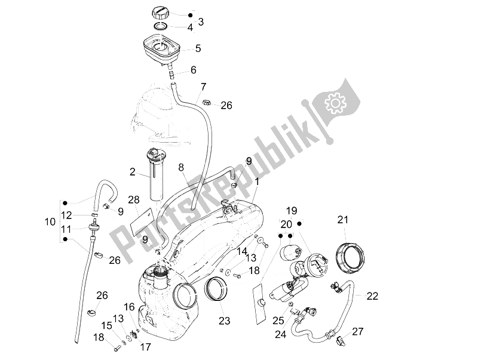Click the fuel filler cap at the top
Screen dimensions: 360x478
click(164, 12)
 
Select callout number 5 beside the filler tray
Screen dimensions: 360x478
click(198, 49)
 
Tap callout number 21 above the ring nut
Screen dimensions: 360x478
click(342, 220)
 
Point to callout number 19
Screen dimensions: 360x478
click(291, 210)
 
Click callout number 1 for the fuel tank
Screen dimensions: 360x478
click(257, 181)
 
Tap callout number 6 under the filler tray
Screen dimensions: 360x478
click(193, 70)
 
